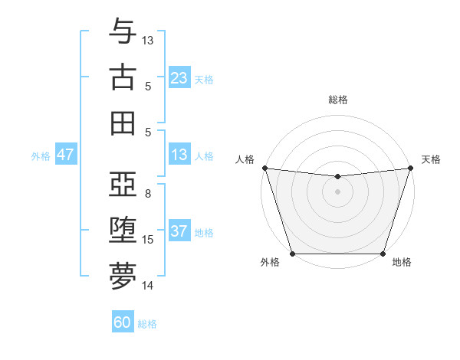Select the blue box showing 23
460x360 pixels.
tap(179, 78)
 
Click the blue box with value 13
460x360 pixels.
tap(179, 155)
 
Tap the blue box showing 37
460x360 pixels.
tap(179, 232)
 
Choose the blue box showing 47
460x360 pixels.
tap(66, 155)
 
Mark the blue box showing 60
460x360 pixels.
tap(123, 322)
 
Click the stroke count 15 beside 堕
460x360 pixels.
tap(148, 240)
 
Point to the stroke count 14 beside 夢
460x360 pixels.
tap(148, 286)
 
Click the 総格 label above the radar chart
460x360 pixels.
tap(337, 100)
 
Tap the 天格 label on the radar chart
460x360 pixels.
tap(431, 159)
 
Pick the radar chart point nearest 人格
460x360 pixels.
tap(264, 168)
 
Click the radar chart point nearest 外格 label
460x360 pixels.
tap(292, 254)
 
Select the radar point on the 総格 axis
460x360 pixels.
tap(337, 177)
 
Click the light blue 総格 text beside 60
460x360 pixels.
tap(147, 324)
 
